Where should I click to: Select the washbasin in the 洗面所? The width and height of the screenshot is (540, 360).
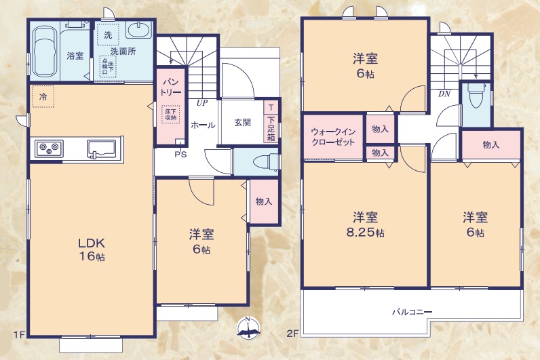point(138,31)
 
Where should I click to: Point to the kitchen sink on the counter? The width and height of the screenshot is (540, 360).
point(101,146)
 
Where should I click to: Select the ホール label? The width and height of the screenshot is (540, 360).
point(203,125)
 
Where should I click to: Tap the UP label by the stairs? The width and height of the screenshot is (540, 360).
point(202,103)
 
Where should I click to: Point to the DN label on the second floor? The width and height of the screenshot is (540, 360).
point(444,94)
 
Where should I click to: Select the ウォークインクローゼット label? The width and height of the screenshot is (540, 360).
point(332,136)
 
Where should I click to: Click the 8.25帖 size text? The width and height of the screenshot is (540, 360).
point(365,233)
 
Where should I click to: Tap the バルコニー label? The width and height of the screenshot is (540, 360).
point(411,312)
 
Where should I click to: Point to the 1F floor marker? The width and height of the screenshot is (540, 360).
point(18,334)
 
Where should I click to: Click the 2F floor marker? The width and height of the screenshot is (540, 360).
point(292,334)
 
